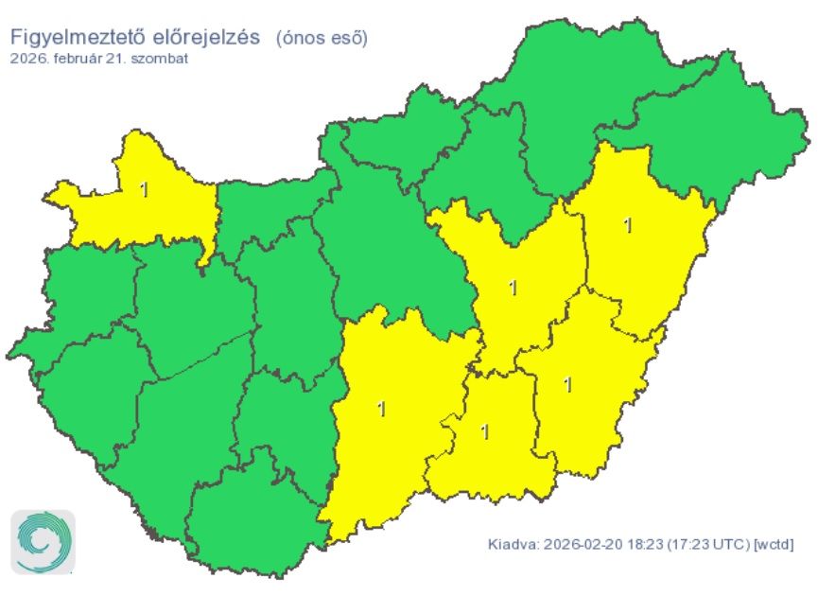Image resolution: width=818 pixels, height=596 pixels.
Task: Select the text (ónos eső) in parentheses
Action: [x=322, y=38]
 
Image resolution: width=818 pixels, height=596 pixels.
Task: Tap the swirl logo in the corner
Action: [x=43, y=543]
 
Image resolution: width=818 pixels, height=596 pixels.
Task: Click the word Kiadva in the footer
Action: [x=511, y=545]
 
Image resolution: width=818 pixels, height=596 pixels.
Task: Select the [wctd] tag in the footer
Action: [x=773, y=545]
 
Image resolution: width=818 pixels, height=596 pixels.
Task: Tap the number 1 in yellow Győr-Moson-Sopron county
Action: [x=144, y=189]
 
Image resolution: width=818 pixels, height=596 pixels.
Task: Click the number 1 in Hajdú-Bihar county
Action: [x=628, y=225]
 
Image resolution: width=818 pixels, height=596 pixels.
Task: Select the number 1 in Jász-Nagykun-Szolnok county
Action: [x=513, y=287]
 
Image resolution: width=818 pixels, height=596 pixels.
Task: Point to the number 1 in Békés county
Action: [x=567, y=384]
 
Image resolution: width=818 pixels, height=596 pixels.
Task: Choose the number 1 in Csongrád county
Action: [x=485, y=431]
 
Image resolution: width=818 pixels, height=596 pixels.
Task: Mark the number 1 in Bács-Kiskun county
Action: [x=381, y=409]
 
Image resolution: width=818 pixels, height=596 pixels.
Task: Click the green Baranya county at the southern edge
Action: [x=251, y=525]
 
